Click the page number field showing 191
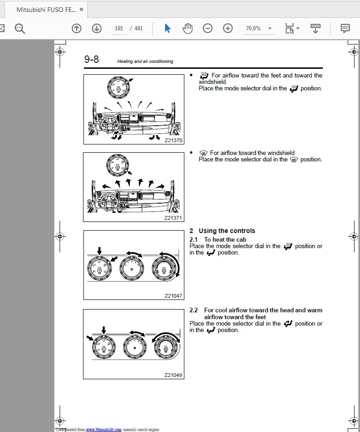pyautogui.click(x=119, y=28)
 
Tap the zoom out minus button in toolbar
pyautogui.click(x=208, y=28)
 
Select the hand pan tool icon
pyautogui.click(x=188, y=28)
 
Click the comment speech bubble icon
pyautogui.click(x=345, y=28)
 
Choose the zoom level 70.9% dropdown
pyautogui.click(x=258, y=28)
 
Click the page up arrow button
pyautogui.click(x=77, y=28)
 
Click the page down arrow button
pyautogui.click(x=97, y=28)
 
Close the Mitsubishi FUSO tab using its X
pyautogui.click(x=81, y=9)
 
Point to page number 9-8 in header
pyautogui.click(x=91, y=60)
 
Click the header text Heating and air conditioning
pyautogui.click(x=145, y=61)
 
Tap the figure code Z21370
pyautogui.click(x=173, y=140)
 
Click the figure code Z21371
pyautogui.click(x=173, y=218)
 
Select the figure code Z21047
pyautogui.click(x=173, y=296)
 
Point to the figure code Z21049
pyautogui.click(x=173, y=375)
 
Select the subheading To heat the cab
pyautogui.click(x=225, y=239)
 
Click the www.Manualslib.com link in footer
pyautogui.click(x=104, y=429)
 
